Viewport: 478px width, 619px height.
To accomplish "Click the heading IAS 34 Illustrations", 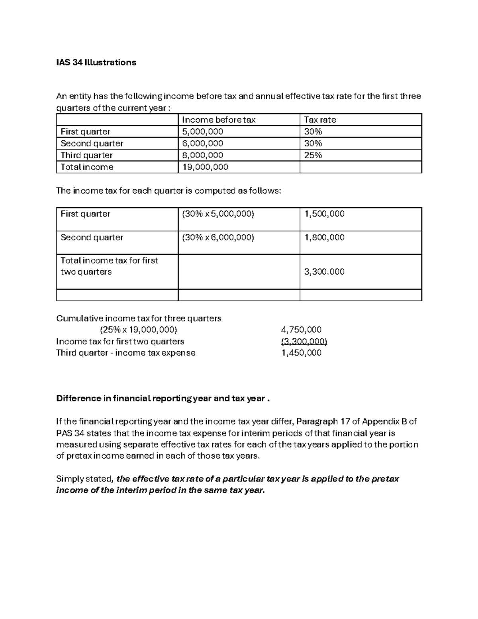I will coord(96,63).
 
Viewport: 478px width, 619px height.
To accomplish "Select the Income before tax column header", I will coord(218,120).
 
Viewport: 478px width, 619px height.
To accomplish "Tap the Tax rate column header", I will coord(320,120).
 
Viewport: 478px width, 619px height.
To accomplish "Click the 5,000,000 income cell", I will coord(202,132).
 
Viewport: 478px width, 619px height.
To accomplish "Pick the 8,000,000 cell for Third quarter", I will coord(202,155).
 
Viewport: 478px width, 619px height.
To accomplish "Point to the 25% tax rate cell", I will coord(313,155).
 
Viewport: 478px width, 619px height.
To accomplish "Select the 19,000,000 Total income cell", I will coord(205,167).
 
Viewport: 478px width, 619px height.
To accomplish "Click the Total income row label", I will coord(87,167).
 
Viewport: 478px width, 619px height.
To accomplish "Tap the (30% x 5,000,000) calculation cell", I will coord(217,214).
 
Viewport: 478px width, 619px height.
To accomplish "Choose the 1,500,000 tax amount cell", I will coord(324,214).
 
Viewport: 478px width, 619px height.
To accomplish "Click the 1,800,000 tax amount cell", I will coord(324,238).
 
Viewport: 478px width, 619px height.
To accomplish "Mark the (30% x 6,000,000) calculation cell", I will coord(217,238).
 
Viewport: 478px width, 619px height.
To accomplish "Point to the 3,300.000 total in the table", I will coord(324,272).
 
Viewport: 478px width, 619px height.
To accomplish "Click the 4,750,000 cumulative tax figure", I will coord(301,330).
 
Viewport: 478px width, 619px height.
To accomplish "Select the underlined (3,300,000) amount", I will coord(304,342).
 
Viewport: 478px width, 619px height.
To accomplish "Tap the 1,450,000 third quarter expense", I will coord(301,353).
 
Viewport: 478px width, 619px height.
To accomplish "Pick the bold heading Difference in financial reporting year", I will coord(163,399).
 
